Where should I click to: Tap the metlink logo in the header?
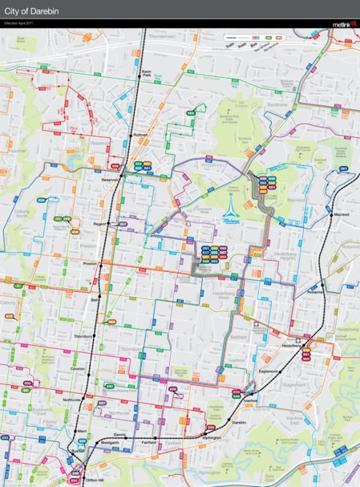point(342,25)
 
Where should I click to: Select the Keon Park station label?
point(147,74)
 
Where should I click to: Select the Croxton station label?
point(78,368)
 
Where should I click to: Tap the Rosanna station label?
point(313,292)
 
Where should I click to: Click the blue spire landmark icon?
point(231,206)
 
